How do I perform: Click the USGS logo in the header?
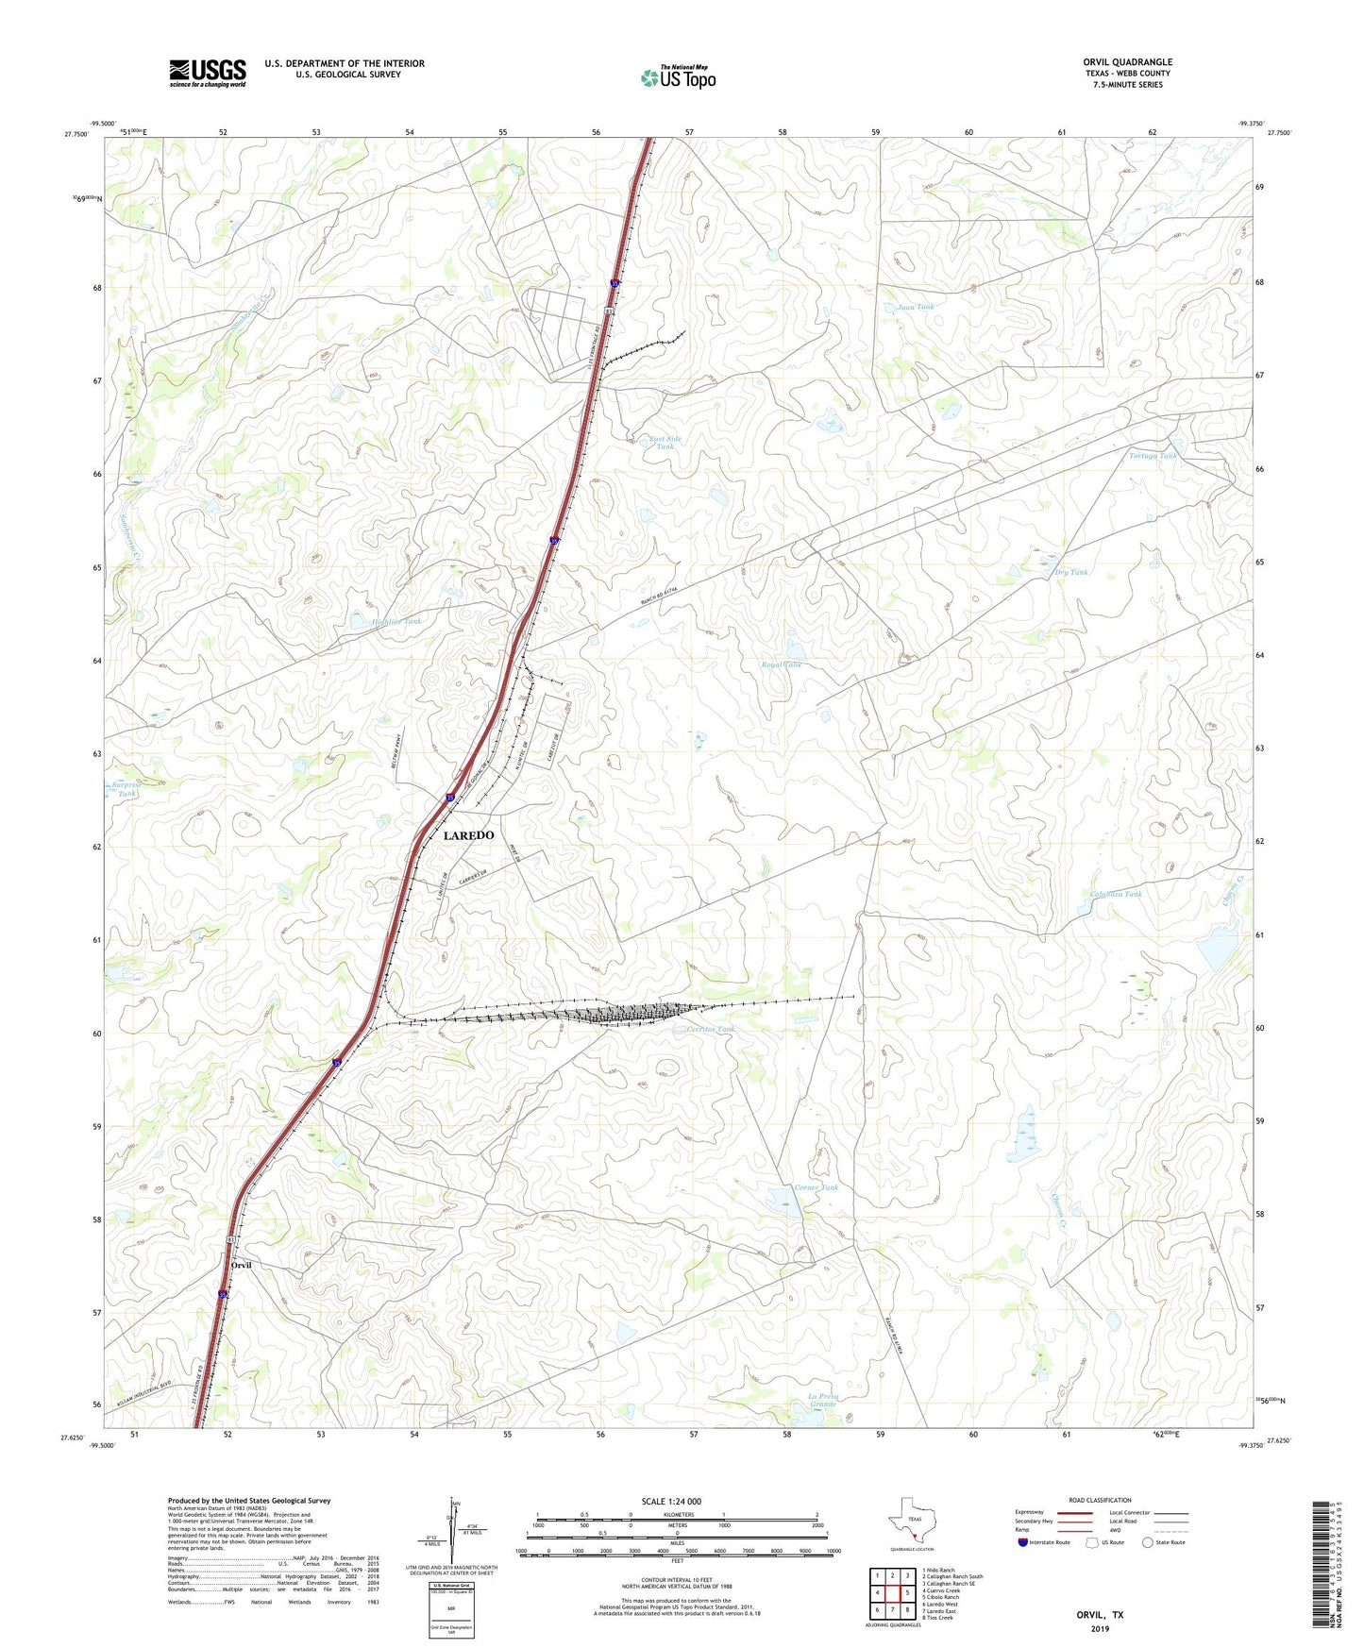point(208,73)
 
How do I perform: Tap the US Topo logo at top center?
point(678,77)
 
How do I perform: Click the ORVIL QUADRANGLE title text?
point(1127,62)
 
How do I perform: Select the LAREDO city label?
point(468,835)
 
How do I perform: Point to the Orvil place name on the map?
point(241,1265)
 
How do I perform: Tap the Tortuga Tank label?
point(1154,456)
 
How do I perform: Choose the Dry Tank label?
point(1069,572)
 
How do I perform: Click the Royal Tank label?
point(782,664)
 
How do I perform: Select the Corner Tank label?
point(816,1187)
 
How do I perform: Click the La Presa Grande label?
point(823,1400)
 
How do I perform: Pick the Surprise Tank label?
point(126,789)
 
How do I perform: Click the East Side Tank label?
point(665,442)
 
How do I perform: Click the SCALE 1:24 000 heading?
point(671,1501)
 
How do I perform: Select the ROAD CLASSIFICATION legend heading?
point(1100,1500)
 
